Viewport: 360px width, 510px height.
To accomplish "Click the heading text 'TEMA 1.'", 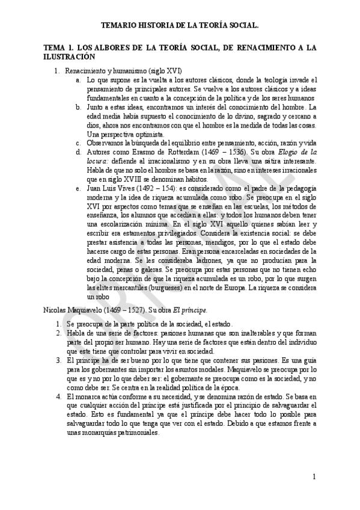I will pos(59,48).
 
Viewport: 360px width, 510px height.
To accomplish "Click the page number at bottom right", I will pos(314,477).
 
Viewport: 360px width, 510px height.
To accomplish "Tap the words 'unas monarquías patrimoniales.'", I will pos(113,432).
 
